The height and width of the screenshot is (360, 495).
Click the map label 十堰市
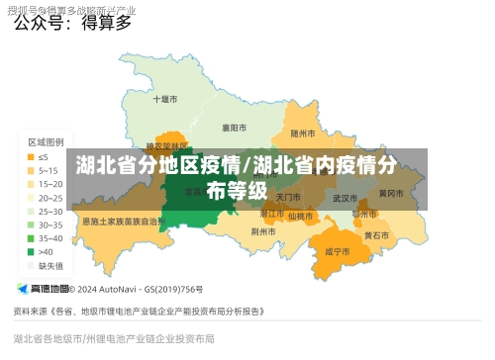(165, 100)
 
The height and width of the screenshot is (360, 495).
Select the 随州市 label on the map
(303, 133)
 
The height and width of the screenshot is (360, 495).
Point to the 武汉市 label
(346, 198)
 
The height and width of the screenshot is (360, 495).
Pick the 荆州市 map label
(263, 231)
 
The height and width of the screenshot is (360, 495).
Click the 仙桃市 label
(301, 214)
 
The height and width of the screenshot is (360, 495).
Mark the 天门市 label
(287, 198)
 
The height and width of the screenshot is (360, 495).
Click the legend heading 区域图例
(46, 142)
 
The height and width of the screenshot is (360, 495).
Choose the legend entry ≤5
(44, 156)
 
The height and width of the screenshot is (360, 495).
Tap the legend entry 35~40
(49, 238)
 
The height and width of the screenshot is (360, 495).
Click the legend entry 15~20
(49, 184)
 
